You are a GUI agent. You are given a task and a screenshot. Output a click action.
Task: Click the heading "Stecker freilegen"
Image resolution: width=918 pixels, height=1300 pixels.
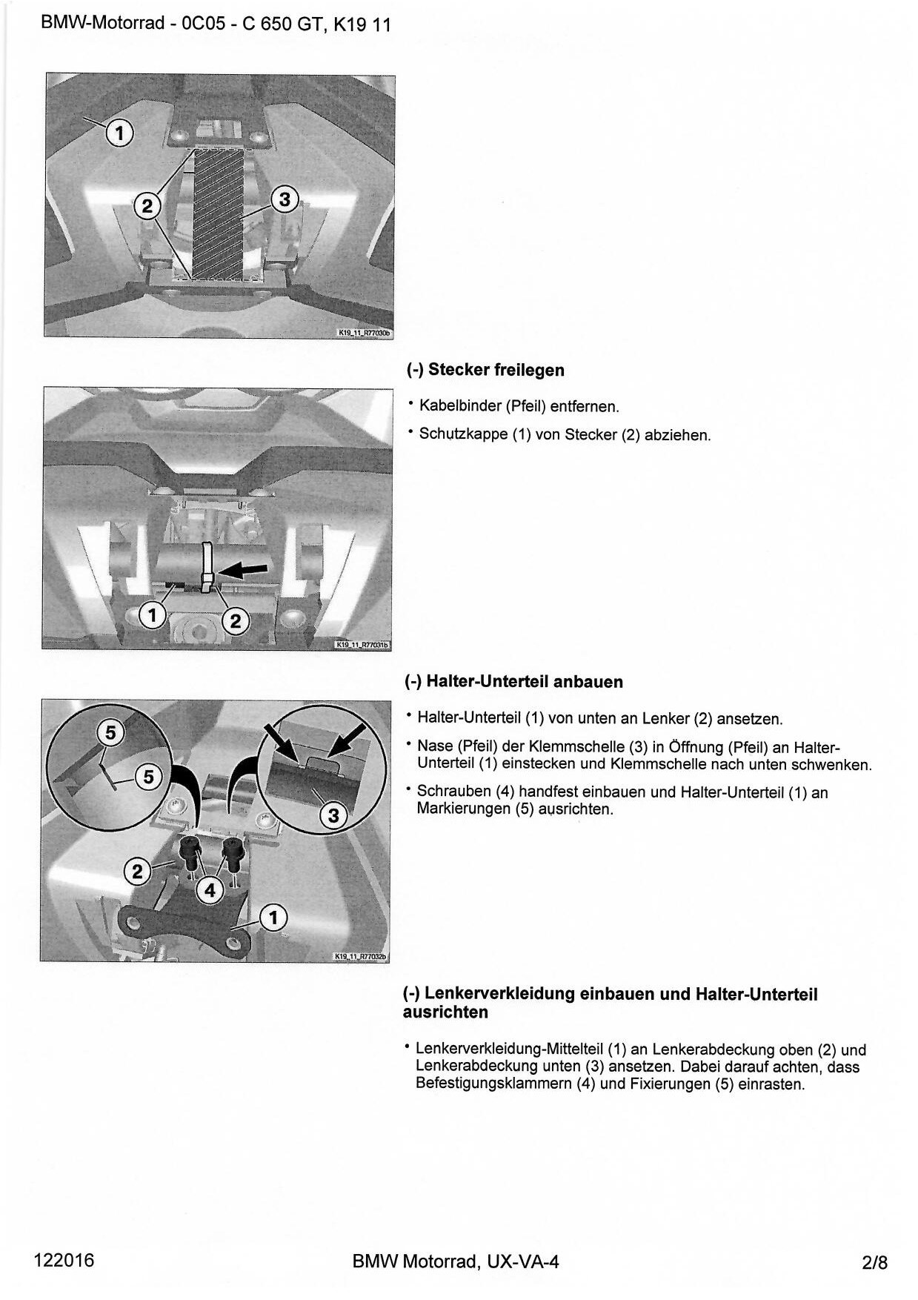coord(496,370)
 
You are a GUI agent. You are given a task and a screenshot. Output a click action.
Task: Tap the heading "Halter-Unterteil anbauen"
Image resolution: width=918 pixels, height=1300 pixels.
coord(524,682)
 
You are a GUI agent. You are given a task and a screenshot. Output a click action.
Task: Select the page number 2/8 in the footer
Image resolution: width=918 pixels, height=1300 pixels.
coord(874,1261)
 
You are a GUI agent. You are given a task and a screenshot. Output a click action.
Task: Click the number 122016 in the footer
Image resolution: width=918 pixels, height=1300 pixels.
coord(64,1260)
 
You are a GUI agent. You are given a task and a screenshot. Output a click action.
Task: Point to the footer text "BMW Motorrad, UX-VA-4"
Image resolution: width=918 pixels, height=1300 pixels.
coord(456,1261)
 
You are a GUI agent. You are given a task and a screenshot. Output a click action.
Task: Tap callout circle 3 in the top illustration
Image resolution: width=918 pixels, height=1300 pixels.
coord(285,199)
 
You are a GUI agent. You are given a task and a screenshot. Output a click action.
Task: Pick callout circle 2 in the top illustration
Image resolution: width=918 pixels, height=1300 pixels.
coord(147,205)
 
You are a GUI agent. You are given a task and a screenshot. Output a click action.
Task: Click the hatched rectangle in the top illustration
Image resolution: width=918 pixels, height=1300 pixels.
coord(218,213)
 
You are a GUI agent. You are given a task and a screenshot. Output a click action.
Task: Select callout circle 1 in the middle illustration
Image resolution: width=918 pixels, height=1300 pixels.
coord(153,615)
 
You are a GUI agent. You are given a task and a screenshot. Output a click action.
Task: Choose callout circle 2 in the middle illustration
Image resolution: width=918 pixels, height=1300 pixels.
coord(236,621)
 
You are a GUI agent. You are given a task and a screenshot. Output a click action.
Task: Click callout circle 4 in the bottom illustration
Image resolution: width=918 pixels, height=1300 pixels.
coord(210,889)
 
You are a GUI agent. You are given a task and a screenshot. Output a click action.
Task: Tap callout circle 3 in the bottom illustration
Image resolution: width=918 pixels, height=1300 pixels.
coord(333,816)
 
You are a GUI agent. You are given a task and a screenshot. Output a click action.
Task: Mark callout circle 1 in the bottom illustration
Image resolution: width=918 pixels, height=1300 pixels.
coord(273,918)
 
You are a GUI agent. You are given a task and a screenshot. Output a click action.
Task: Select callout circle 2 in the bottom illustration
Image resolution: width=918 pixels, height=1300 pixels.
coord(137,872)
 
